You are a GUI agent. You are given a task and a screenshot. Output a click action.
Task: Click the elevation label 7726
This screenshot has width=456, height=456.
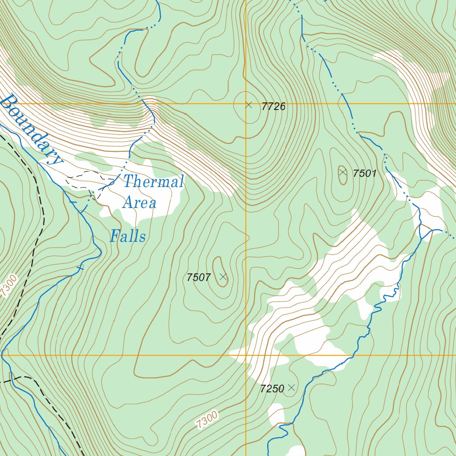273,107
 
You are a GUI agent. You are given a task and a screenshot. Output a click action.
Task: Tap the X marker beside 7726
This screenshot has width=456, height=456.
249,105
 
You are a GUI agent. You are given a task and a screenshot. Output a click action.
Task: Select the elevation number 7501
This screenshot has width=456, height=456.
365,174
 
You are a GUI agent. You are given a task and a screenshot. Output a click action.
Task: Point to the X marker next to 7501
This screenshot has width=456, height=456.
342,172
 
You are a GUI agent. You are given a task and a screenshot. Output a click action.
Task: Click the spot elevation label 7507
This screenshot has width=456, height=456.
199,278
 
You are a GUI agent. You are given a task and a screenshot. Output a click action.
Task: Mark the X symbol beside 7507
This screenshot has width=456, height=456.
224,277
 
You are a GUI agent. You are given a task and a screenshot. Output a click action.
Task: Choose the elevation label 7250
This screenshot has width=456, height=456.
272,389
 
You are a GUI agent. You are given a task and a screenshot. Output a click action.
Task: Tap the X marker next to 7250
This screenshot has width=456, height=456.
291,388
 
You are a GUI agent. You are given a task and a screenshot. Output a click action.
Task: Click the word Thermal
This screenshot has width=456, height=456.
153,182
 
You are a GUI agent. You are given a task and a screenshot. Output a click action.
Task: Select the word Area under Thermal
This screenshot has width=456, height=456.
139,203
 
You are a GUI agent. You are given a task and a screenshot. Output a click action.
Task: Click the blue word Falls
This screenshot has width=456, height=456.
128,236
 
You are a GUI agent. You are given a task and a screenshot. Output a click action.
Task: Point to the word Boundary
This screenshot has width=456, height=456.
30,129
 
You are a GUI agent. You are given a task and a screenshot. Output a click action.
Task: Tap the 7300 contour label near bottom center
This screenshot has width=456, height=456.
207,420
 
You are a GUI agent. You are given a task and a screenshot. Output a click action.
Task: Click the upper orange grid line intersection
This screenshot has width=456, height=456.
246,104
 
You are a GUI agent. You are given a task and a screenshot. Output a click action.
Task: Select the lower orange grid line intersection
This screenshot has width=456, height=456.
246,355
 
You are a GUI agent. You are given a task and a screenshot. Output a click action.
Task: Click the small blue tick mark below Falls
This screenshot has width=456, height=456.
80,268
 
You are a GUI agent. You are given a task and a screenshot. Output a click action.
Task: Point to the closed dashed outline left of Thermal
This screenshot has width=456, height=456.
89,180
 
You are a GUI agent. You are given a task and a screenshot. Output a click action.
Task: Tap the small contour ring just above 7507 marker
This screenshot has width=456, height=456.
218,263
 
